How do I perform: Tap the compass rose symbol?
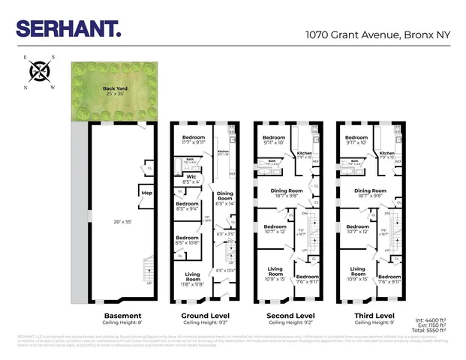(x=40, y=72)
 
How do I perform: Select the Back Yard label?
(x=114, y=88)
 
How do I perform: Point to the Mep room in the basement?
(x=146, y=193)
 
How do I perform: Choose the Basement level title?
(x=122, y=315)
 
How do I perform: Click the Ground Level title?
(x=206, y=315)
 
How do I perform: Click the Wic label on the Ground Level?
(x=191, y=178)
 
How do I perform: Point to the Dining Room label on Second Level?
(x=287, y=191)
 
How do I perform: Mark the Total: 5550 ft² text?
(x=429, y=329)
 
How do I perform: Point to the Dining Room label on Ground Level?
(x=225, y=196)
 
